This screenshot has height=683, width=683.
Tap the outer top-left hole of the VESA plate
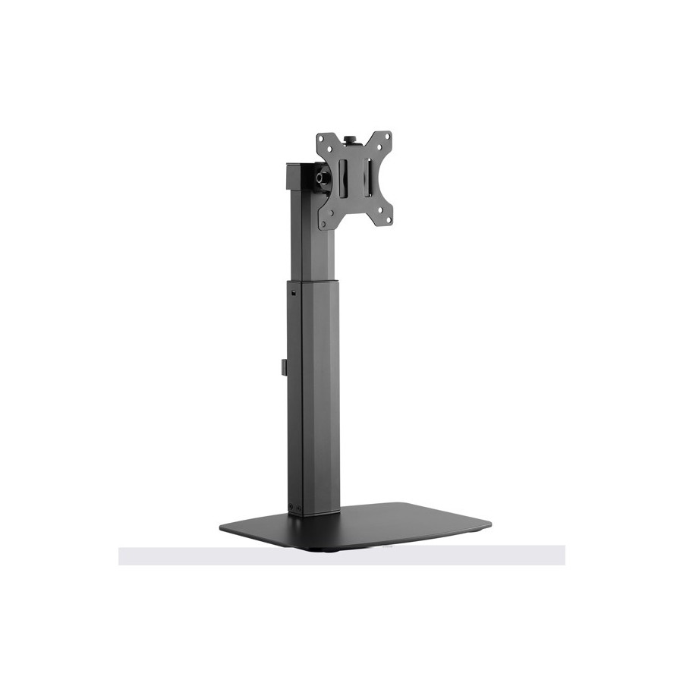(321, 139)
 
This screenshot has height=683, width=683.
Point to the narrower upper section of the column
(313, 243)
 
